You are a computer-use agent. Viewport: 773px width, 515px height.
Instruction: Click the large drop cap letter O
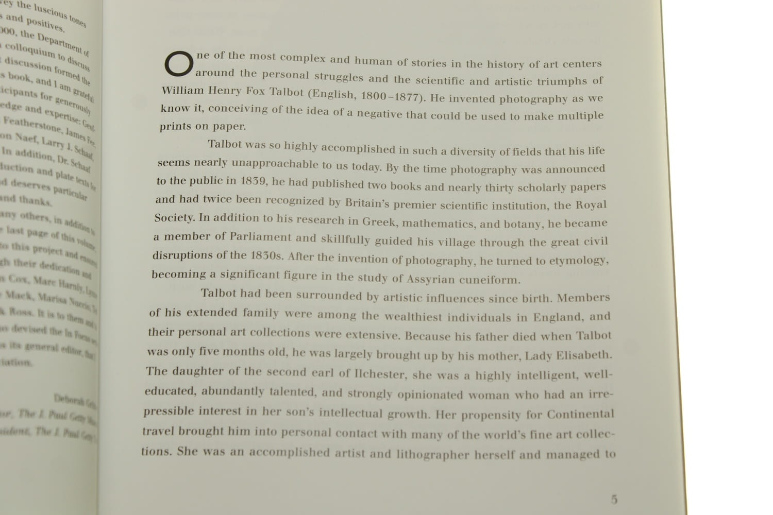pyautogui.click(x=178, y=64)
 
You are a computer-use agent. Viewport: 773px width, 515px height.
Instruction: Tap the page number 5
pyautogui.click(x=614, y=499)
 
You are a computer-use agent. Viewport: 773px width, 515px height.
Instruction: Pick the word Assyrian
pyautogui.click(x=431, y=279)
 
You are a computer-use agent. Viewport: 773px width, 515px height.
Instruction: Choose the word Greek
pyautogui.click(x=379, y=222)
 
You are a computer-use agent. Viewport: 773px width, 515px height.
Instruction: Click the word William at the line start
pyautogui.click(x=183, y=91)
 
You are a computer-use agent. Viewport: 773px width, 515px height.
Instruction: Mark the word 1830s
pyautogui.click(x=267, y=255)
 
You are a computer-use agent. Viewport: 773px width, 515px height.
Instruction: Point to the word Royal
pyautogui.click(x=591, y=205)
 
